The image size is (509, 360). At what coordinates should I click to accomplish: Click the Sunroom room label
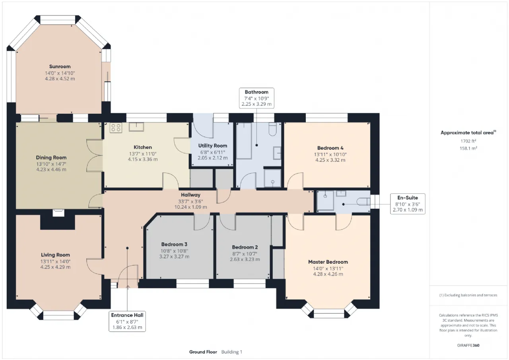(60, 66)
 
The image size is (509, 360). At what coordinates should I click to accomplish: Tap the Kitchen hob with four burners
(116, 128)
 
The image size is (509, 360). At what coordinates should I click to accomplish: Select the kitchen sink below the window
(136, 127)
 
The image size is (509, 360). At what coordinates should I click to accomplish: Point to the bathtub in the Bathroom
(244, 141)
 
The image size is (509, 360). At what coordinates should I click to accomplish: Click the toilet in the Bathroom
(272, 129)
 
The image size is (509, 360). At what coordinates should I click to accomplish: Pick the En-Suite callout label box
(408, 204)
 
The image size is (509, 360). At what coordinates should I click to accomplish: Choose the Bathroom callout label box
(256, 98)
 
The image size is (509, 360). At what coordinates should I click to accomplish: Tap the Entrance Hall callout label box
(127, 321)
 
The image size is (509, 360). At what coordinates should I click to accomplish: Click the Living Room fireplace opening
(58, 213)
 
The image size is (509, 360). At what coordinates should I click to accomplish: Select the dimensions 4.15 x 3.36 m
(143, 160)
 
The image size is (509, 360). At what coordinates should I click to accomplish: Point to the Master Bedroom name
(328, 262)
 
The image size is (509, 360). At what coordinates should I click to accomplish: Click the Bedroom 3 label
(174, 245)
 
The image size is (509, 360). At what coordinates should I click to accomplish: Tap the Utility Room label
(213, 146)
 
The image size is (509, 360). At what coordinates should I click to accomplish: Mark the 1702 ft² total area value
(468, 141)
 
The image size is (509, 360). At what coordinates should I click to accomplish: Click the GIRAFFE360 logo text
(468, 345)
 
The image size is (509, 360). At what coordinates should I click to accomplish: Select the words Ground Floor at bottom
(203, 352)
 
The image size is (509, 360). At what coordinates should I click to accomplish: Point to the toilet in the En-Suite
(363, 202)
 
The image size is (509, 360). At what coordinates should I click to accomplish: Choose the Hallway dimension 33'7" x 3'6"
(190, 201)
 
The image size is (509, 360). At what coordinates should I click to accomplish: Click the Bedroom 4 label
(330, 148)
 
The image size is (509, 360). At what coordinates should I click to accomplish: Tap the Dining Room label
(51, 158)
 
